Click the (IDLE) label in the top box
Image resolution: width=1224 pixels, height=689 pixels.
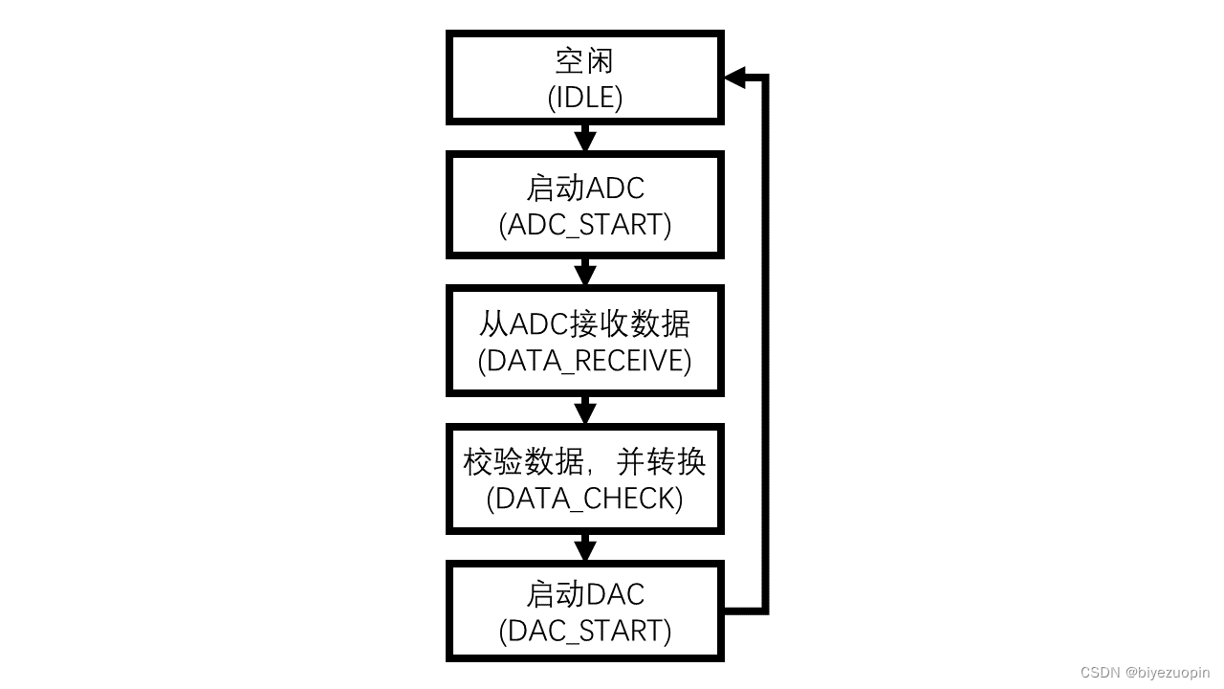(x=585, y=98)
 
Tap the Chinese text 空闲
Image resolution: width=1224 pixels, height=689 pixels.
(x=585, y=61)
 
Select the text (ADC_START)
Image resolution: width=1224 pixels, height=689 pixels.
(x=585, y=224)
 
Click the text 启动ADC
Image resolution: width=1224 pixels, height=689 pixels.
(x=585, y=188)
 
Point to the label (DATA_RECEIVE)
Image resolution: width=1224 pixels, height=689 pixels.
(x=585, y=361)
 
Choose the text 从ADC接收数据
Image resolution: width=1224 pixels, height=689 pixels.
(x=585, y=324)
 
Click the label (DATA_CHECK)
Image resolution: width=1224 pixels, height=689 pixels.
(x=585, y=499)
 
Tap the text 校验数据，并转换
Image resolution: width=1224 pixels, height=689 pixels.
(x=585, y=462)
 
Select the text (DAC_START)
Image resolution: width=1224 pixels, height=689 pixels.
(x=585, y=631)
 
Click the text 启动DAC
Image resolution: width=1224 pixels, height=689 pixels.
(x=585, y=594)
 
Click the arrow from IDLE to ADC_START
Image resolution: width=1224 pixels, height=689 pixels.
(x=585, y=138)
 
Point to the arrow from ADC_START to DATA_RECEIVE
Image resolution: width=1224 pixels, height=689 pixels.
(x=585, y=272)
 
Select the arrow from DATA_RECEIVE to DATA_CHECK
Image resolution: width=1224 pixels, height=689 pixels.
(x=585, y=411)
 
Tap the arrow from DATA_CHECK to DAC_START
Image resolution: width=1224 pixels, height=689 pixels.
(x=585, y=548)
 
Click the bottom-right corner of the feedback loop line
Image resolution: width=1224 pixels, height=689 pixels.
(x=764, y=608)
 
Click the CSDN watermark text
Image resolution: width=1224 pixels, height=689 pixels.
(x=1100, y=673)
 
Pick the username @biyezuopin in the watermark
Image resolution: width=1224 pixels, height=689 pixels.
(x=1168, y=673)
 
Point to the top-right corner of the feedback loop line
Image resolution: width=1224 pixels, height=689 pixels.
(x=764, y=78)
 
